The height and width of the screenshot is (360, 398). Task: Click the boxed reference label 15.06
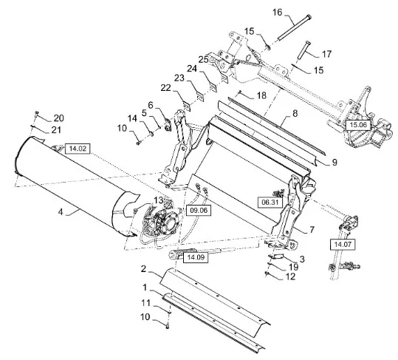click(x=358, y=125)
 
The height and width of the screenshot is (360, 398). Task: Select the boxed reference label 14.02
click(x=78, y=149)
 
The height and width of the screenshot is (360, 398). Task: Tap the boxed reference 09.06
click(x=199, y=210)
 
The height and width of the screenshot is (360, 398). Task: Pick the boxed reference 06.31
click(x=270, y=203)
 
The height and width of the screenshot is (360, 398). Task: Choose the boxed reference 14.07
click(x=343, y=245)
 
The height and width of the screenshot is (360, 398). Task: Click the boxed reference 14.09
click(x=196, y=257)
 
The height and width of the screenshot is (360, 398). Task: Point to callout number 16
click(x=278, y=12)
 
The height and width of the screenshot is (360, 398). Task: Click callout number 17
click(x=326, y=54)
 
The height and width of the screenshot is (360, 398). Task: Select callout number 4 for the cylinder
click(x=61, y=211)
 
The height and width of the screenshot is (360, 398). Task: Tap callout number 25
click(x=203, y=60)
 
